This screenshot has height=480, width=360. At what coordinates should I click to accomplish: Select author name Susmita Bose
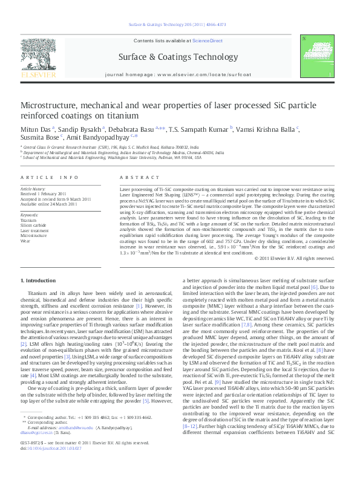(x=39, y=137)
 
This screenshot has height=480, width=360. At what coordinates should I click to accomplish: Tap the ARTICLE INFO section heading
(x=50, y=178)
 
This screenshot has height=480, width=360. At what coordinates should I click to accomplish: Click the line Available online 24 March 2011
(x=48, y=204)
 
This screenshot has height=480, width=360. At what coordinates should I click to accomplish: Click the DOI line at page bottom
(x=46, y=465)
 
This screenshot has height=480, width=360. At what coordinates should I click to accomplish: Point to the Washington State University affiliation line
(x=115, y=157)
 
